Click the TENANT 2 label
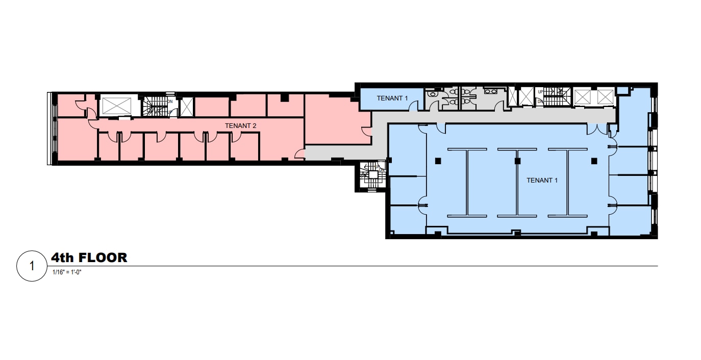[x=240, y=125]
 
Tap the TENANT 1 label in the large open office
[x=542, y=180]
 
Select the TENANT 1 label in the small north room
[x=392, y=98]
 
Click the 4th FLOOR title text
[x=89, y=258]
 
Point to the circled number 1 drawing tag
[x=32, y=266]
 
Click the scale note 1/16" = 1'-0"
[x=67, y=272]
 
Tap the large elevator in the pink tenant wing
[x=117, y=106]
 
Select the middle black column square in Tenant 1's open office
[x=517, y=161]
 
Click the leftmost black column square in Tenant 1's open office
[x=438, y=161]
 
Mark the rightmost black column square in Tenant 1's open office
[x=594, y=161]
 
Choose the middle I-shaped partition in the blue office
[x=517, y=182]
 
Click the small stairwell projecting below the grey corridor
[x=371, y=176]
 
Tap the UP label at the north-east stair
[x=540, y=92]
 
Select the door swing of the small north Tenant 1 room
[x=414, y=106]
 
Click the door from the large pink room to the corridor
[x=299, y=155]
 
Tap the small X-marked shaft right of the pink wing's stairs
[x=187, y=106]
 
